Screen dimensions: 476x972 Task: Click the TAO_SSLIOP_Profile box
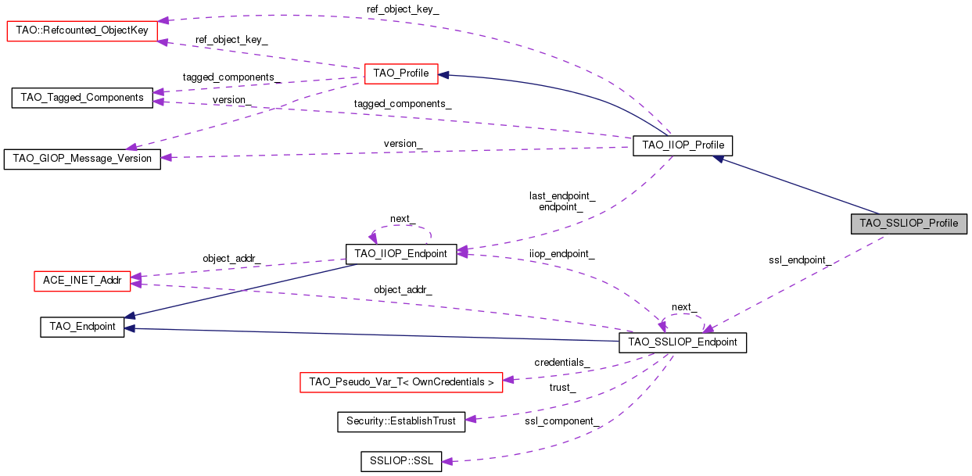tap(909, 223)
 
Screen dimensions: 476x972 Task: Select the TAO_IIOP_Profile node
tap(683, 145)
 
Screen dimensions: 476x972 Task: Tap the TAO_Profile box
tap(401, 73)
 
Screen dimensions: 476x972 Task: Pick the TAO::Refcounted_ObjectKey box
tap(82, 31)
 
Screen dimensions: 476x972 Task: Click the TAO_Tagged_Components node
tap(82, 98)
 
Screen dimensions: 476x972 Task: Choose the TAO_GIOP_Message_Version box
tap(82, 159)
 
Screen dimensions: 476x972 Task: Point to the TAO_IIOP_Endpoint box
tap(400, 253)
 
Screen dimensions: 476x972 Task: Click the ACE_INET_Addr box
tap(82, 281)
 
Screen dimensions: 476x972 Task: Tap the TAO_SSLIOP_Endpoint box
tap(683, 342)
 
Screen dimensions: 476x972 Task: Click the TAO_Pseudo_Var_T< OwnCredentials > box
tap(401, 382)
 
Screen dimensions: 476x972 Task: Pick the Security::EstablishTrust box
tap(400, 421)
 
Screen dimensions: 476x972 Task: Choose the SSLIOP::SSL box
tap(401, 460)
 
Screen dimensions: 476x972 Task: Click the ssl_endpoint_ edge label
tap(799, 260)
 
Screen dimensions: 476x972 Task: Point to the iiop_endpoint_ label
tap(561, 254)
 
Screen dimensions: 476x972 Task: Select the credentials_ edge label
tap(561, 363)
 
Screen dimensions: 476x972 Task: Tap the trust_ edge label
tap(561, 388)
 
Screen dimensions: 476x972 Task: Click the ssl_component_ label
tap(562, 421)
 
